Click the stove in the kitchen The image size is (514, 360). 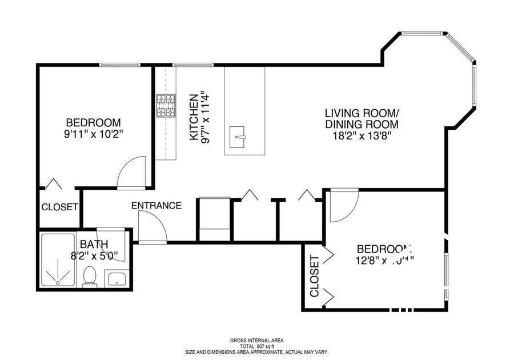[x=166, y=106]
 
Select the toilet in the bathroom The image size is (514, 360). [x=90, y=277]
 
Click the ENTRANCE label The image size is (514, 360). [x=156, y=206]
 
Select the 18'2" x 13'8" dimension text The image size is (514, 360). [x=362, y=136]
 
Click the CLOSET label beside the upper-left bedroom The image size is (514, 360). [x=59, y=207]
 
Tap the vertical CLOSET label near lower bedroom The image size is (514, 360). [x=315, y=277]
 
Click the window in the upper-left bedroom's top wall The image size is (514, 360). [x=120, y=65]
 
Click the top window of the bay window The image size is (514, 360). [x=423, y=33]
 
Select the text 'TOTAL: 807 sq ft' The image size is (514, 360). [x=256, y=346]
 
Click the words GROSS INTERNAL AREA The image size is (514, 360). [x=256, y=341]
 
